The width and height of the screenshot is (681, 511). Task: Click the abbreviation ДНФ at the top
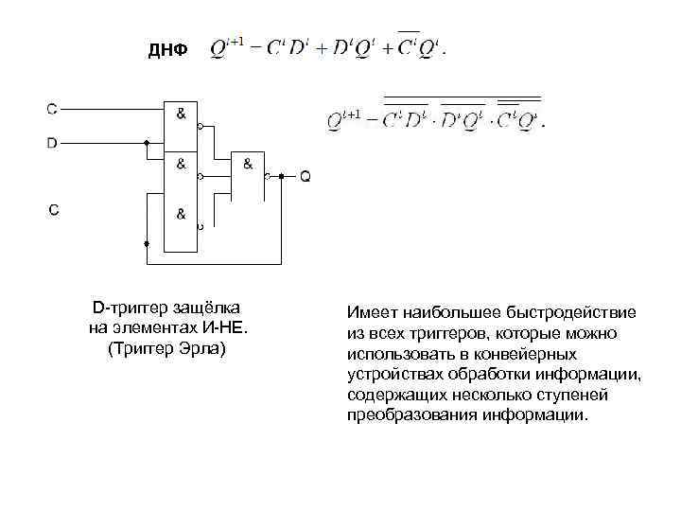pos(167,49)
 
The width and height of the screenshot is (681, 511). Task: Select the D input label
pos(53,144)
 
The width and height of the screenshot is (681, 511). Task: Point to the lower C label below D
pos(54,210)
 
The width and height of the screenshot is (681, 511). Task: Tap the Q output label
pos(305,176)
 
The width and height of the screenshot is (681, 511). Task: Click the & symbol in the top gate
pos(181,114)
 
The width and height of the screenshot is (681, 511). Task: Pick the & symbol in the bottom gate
pos(181,214)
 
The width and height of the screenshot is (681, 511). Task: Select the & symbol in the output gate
pos(248,164)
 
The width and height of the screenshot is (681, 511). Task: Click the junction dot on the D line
pos(146,144)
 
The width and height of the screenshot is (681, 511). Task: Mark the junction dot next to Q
pos(282,176)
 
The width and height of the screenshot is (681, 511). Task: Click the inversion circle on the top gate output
pos(200,124)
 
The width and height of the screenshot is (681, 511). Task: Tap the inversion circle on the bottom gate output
pos(200,227)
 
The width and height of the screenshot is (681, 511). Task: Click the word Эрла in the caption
pos(206,348)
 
